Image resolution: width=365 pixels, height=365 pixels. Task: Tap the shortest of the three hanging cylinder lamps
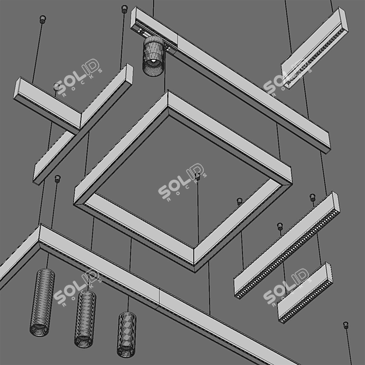tap(126, 333)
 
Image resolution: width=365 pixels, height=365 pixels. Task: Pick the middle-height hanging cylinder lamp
tap(85, 318)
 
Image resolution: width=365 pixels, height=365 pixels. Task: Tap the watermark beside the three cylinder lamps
tap(80, 291)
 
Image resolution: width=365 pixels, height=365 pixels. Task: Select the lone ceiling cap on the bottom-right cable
tap(346, 325)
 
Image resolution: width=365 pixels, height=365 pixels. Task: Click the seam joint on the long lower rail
tap(159, 297)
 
